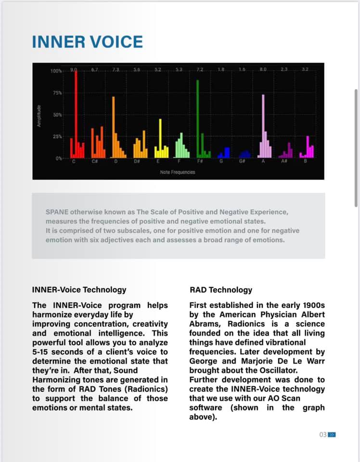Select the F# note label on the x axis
tap(199, 161)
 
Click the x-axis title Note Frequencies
tap(178, 172)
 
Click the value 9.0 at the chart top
tap(74, 70)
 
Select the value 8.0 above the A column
tap(263, 70)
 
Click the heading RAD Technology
tap(220, 290)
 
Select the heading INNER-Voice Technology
tap(79, 290)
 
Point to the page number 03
tap(322, 435)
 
